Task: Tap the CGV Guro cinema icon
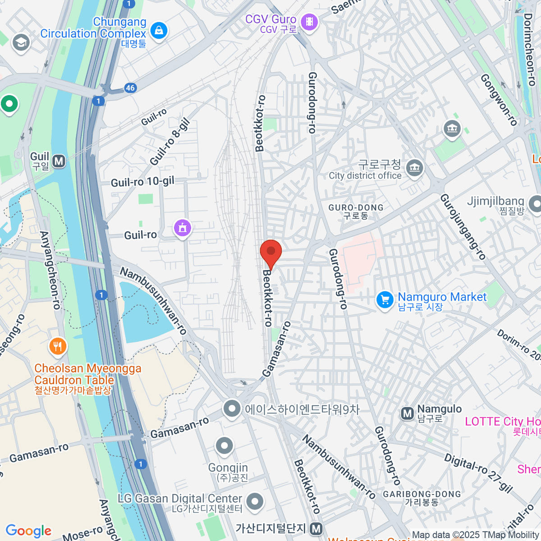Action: pos(309,21)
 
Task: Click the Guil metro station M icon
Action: pos(59,161)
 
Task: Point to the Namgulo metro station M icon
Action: pos(408,413)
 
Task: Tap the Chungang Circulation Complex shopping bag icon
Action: pos(159,31)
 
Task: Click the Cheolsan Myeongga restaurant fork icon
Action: pos(57,346)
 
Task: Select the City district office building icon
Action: pos(414,168)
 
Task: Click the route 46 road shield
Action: pos(130,88)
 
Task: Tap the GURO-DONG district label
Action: pos(356,211)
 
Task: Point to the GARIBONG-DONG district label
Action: pos(422,498)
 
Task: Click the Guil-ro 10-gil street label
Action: pos(142,182)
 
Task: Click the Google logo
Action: pos(29,531)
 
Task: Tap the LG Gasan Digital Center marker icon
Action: pos(255,501)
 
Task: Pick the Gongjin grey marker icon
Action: pos(224,446)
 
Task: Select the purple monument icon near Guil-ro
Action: pos(183,228)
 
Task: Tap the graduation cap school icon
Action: pos(21,43)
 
